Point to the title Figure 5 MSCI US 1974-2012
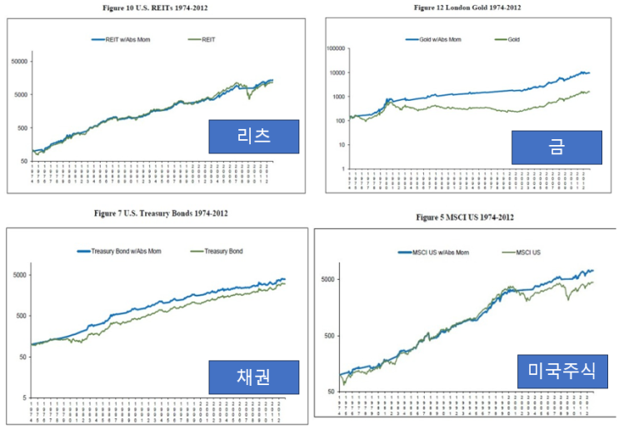tap(464, 217)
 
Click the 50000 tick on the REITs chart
tap(18, 62)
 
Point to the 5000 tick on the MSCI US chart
tap(329, 279)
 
